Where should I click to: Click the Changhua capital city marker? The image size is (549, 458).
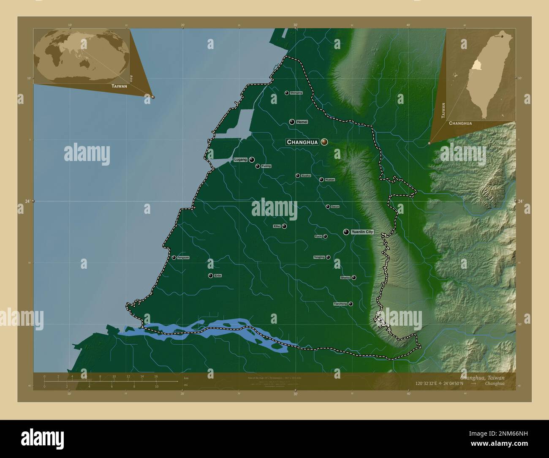pyautogui.click(x=324, y=142)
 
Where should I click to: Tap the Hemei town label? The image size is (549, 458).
pyautogui.click(x=302, y=122)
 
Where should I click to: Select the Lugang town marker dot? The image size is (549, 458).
pyautogui.click(x=252, y=160)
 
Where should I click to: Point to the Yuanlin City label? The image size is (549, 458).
pyautogui.click(x=362, y=232)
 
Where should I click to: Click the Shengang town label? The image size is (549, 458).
pyautogui.click(x=296, y=93)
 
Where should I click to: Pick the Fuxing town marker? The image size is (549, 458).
pyautogui.click(x=258, y=166)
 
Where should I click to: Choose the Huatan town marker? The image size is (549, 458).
pyautogui.click(x=321, y=180)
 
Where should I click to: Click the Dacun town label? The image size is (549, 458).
pyautogui.click(x=335, y=207)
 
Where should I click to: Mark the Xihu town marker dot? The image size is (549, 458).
pyautogui.click(x=285, y=226)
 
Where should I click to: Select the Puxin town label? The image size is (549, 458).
pyautogui.click(x=318, y=237)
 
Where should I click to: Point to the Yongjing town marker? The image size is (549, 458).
pyautogui.click(x=328, y=257)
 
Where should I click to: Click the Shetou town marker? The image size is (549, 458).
pyautogui.click(x=354, y=278)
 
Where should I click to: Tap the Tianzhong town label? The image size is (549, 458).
pyautogui.click(x=340, y=304)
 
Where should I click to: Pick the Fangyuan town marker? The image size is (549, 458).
pyautogui.click(x=174, y=257)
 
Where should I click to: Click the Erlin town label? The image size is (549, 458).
pyautogui.click(x=218, y=275)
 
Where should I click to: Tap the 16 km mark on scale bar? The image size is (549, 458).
pyautogui.click(x=156, y=376)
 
